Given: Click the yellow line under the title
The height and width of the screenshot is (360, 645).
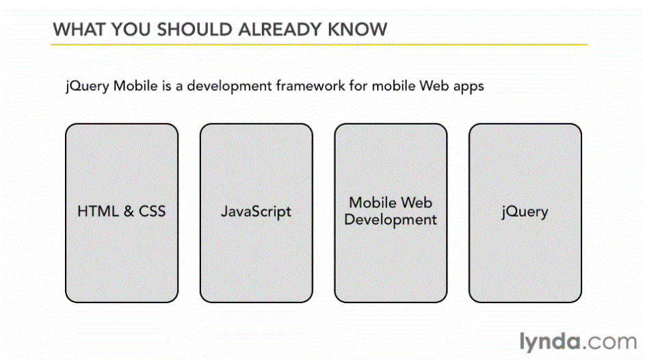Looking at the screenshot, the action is (x=319, y=44).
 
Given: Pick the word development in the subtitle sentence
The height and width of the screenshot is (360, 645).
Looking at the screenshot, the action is (x=229, y=86).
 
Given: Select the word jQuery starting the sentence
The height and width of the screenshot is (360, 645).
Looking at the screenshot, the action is (x=87, y=87).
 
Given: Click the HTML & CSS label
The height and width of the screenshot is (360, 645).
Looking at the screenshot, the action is (x=121, y=211).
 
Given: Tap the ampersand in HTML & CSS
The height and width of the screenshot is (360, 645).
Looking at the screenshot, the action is (x=129, y=211).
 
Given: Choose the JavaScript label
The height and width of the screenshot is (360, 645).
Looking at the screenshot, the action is (x=256, y=211).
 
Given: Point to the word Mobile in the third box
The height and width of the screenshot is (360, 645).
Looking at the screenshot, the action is (x=373, y=203).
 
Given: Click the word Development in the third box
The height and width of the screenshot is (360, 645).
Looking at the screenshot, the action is (x=391, y=220).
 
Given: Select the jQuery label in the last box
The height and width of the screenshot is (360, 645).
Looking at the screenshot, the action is (x=525, y=212).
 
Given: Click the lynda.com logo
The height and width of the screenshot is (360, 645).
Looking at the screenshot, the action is (x=578, y=342).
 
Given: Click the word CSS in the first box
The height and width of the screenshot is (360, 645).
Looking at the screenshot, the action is (x=153, y=211).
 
